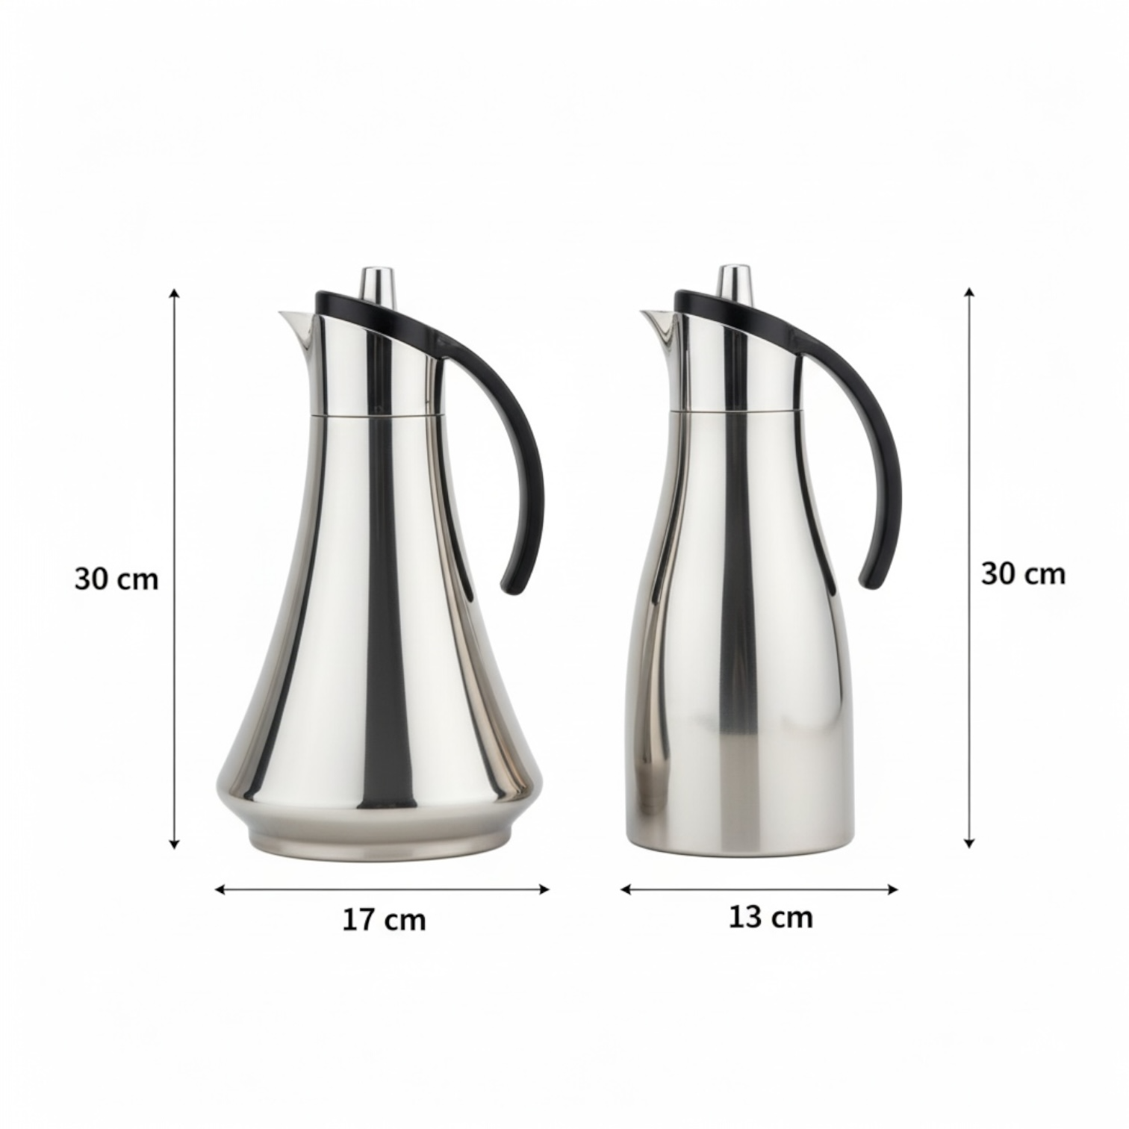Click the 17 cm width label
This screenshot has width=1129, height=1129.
[x=384, y=919]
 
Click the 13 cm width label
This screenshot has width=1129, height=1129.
[x=770, y=917]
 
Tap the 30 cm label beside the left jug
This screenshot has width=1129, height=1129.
[x=116, y=579]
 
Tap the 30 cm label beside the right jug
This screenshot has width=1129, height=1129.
[x=1022, y=574]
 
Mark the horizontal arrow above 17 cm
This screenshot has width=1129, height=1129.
[x=382, y=889]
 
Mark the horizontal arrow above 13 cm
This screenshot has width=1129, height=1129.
[x=759, y=889]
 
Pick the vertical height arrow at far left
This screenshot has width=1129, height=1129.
[x=175, y=567]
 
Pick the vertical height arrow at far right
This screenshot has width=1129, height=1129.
[x=969, y=567]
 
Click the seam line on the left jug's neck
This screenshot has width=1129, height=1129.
[x=373, y=412]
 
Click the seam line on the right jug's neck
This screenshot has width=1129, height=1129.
[x=735, y=409]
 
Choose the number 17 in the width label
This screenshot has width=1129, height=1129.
[x=358, y=919]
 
